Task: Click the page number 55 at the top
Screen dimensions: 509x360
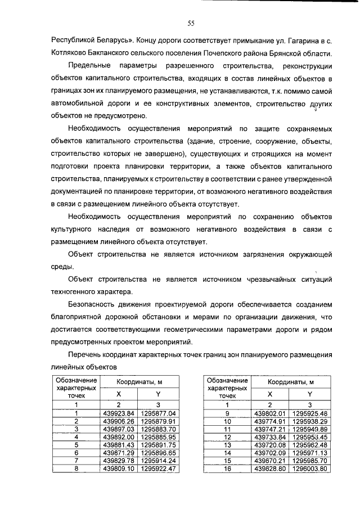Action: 191,23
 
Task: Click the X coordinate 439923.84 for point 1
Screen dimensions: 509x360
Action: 119,413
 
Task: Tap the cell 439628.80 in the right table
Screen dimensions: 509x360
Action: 269,468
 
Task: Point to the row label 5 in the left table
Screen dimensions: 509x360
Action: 76,444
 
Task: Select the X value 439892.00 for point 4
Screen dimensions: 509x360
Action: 119,436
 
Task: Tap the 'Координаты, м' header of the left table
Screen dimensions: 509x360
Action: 139,382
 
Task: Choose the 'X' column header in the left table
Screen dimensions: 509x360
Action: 119,394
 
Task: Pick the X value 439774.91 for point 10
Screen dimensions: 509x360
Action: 269,421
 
